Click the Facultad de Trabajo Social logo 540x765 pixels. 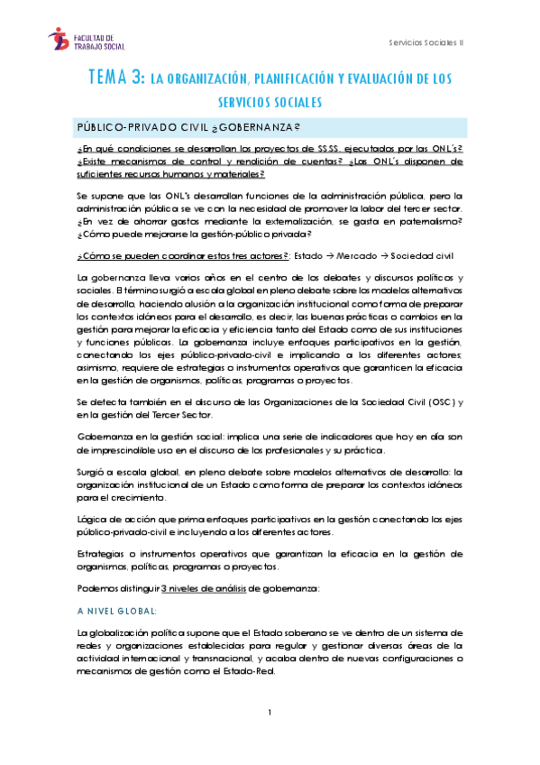[x=87, y=38]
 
